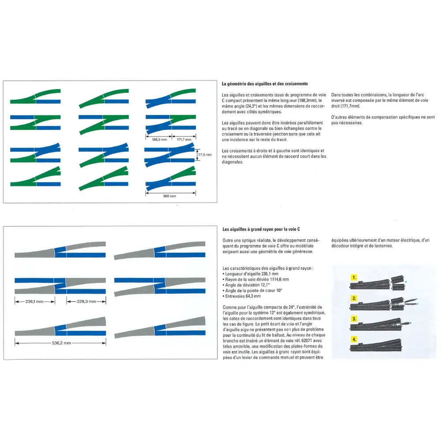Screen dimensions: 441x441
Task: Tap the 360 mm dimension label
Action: (170, 196)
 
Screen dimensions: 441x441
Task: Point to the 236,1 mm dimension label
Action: (34, 302)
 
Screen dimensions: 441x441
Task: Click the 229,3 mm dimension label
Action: (86, 302)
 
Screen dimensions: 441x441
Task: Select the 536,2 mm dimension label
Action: (61, 343)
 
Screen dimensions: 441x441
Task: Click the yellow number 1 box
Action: (354, 278)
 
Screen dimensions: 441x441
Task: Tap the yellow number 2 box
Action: (354, 299)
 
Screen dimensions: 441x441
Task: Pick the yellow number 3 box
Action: (354, 319)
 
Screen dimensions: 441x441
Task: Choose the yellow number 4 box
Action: (354, 339)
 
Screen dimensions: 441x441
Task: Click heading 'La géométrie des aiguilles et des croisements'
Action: (265, 84)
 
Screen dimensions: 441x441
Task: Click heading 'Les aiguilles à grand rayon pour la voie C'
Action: (261, 229)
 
